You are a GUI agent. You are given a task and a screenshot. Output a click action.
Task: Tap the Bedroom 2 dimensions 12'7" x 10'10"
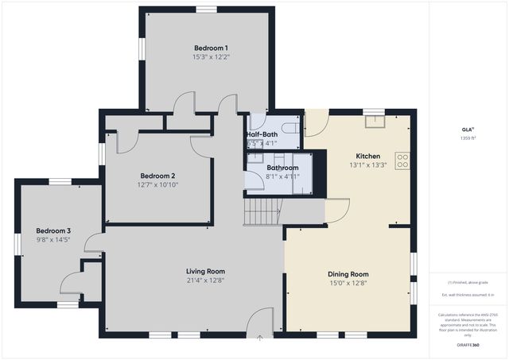point(158,185)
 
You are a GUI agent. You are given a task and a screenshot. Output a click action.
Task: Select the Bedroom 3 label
point(47,230)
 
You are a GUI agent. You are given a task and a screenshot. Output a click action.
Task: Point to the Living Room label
point(205,271)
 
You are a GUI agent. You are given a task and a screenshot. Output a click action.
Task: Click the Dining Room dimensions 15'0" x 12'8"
point(347,283)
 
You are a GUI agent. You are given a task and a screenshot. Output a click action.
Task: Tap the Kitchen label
point(367,157)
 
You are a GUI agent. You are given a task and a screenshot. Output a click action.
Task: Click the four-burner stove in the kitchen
point(402,161)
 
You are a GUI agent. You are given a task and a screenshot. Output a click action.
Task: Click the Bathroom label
point(282,168)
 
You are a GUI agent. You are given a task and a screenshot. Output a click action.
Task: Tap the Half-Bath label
point(261,135)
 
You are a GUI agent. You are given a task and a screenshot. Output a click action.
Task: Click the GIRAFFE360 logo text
point(468,346)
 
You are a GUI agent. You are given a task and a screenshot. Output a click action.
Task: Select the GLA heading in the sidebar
point(468,130)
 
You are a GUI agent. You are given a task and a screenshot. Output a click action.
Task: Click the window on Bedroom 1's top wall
point(207,10)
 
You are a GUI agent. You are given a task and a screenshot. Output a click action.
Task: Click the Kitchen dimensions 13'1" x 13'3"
point(367,165)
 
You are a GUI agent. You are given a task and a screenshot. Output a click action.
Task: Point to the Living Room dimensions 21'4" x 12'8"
point(205,280)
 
